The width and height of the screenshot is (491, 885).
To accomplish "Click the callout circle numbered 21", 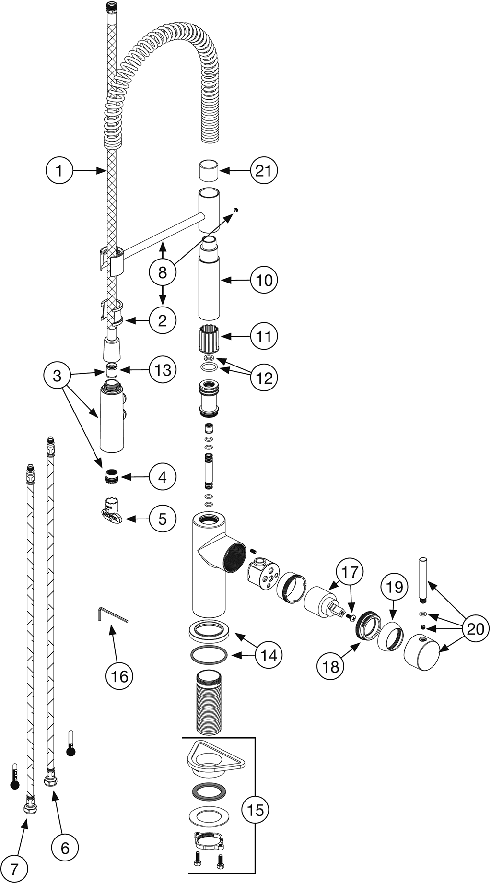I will tap(263, 170).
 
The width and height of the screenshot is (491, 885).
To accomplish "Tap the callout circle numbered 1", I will tap(59, 170).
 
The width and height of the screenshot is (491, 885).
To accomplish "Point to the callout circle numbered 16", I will tap(119, 676).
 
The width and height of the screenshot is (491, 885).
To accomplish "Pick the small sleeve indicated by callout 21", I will tap(209, 171).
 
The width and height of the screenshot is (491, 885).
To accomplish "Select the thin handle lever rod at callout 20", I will tap(423, 580).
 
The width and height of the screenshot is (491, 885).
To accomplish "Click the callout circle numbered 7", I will tap(14, 867).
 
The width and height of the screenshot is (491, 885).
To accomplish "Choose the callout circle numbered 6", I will tap(65, 848).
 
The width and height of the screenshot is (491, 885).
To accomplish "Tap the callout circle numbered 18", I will tap(330, 666).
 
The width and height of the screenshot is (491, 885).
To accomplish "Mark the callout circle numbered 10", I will tap(264, 280).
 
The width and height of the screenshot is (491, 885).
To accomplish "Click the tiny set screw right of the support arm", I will tap(236, 210).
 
